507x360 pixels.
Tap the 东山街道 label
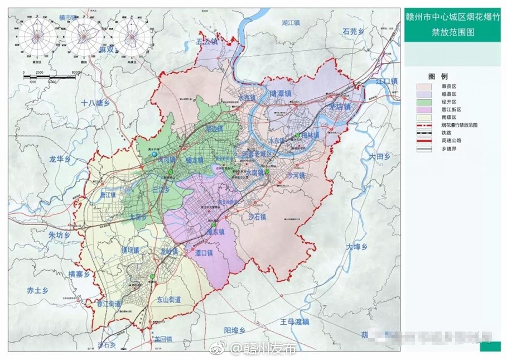click(168, 300)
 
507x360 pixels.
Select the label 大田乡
click(375, 158)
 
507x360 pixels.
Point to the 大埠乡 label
click(357, 247)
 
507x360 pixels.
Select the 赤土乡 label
click(38, 290)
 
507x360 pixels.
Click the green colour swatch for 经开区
click(424, 103)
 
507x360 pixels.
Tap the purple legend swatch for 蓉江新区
click(424, 111)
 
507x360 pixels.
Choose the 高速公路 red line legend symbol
click(424, 142)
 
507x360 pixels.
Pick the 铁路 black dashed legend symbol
click(424, 134)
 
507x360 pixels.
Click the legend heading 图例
click(438, 76)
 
